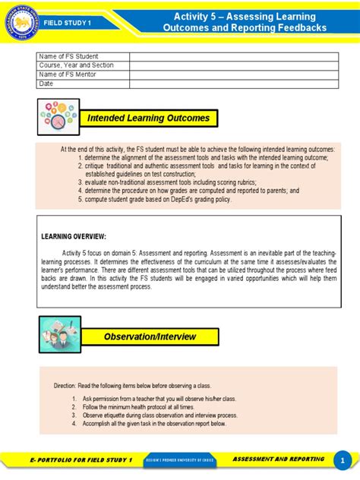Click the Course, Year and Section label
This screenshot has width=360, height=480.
76,66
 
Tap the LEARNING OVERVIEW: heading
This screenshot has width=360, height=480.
74,237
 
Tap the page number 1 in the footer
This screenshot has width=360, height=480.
343,461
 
